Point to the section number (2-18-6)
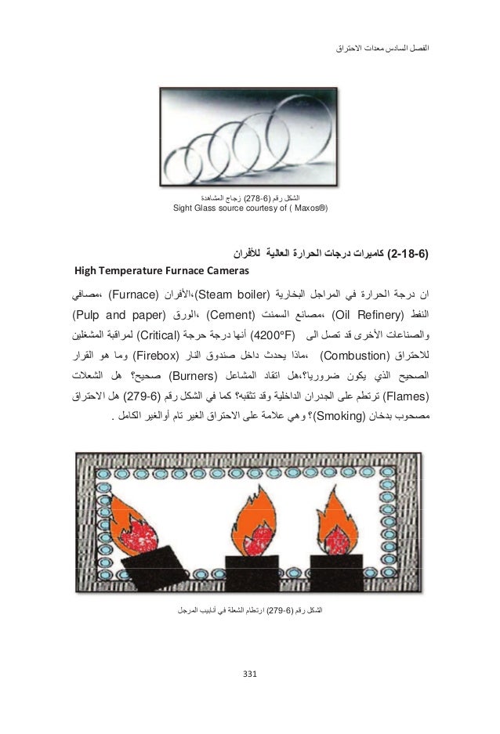coord(413,255)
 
